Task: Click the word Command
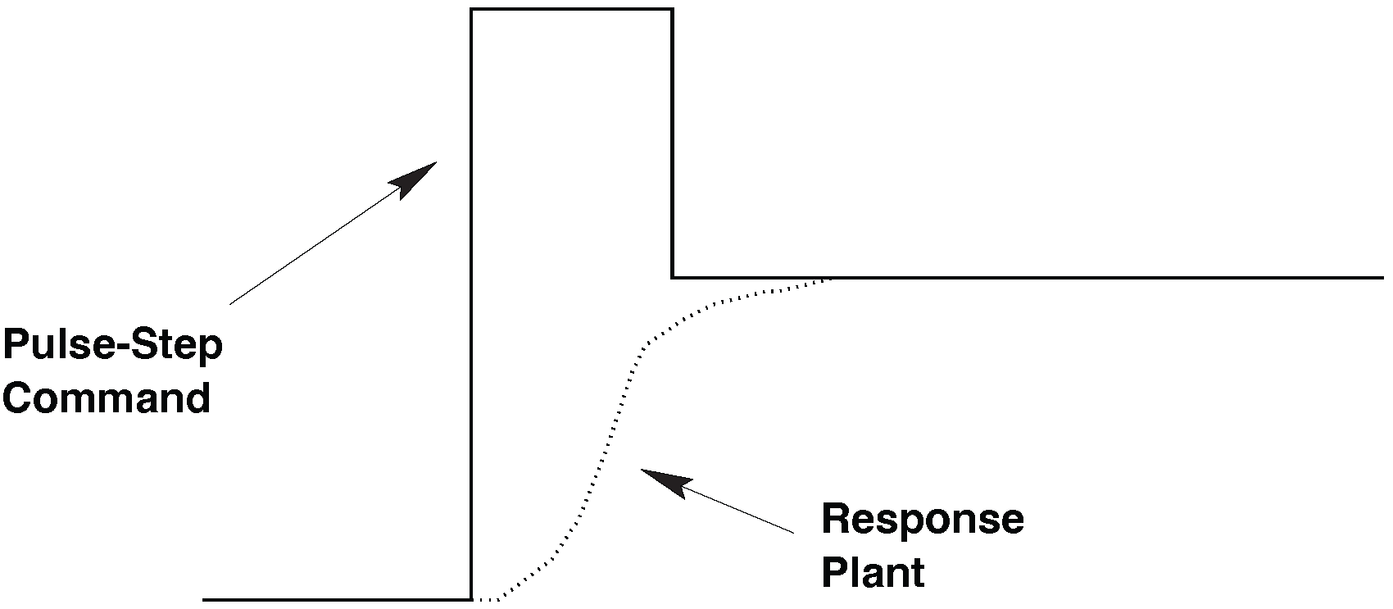(x=107, y=398)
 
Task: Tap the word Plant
(x=873, y=571)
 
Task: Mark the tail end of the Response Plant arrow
(x=793, y=534)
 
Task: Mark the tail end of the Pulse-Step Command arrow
(x=230, y=303)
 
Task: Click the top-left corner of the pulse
(x=472, y=10)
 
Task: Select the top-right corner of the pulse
(x=672, y=10)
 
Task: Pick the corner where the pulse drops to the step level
(x=673, y=278)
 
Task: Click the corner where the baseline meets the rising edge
(x=472, y=599)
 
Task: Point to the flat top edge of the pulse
(x=572, y=10)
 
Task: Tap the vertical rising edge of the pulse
(x=472, y=303)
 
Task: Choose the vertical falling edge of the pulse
(x=673, y=143)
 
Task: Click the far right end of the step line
(x=1382, y=278)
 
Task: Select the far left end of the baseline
(x=204, y=599)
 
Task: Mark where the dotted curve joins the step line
(x=832, y=279)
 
